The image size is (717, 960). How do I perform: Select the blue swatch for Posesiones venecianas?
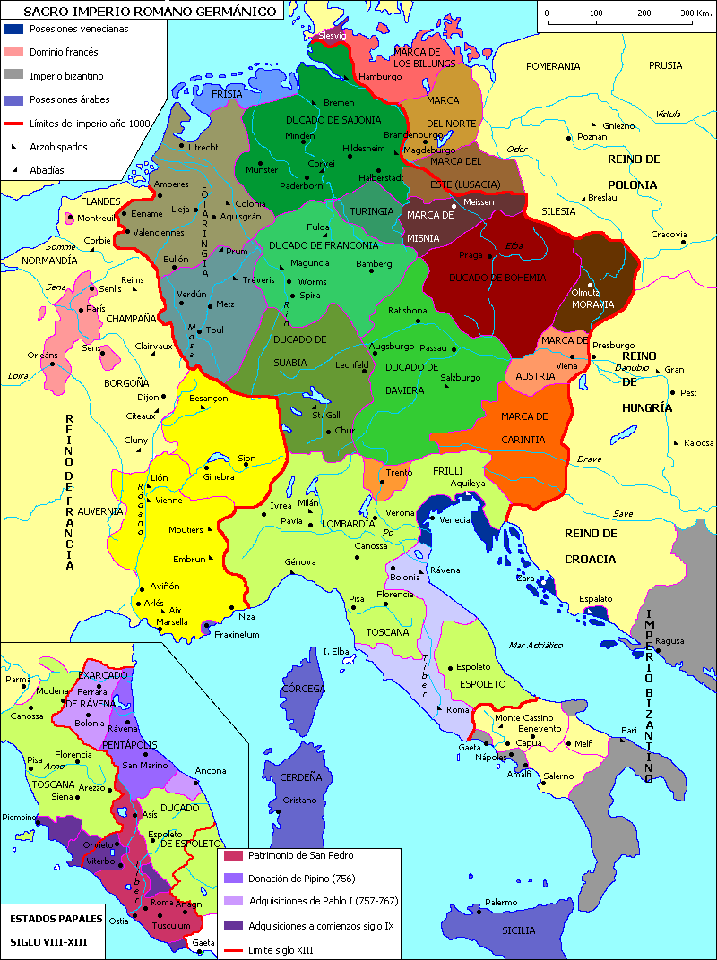(x=13, y=29)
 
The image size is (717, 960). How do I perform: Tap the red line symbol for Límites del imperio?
(x=13, y=124)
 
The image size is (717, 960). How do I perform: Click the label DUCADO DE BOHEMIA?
(x=497, y=278)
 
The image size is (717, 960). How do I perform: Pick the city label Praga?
(x=471, y=255)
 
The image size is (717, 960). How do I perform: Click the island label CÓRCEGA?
(x=303, y=690)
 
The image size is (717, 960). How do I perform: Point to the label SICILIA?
(x=518, y=930)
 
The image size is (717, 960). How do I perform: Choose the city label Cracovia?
(x=669, y=235)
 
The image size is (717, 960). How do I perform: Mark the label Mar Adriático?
(x=534, y=645)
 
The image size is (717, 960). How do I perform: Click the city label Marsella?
(x=170, y=621)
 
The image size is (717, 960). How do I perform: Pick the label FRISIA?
(x=228, y=92)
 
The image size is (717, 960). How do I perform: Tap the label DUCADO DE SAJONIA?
(x=333, y=119)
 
